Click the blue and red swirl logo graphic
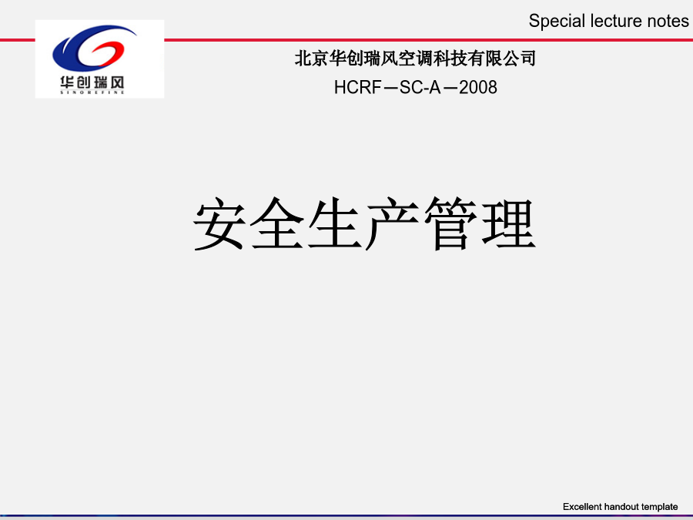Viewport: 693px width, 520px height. pyautogui.click(x=94, y=48)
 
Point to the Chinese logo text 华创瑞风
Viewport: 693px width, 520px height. pyautogui.click(x=92, y=82)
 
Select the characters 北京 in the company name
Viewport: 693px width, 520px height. pyautogui.click(x=311, y=59)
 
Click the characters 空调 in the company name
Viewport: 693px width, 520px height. pyautogui.click(x=415, y=59)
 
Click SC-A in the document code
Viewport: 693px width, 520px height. pyautogui.click(x=420, y=88)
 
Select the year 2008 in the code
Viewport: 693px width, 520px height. pyautogui.click(x=477, y=88)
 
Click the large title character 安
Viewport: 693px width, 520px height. pyautogui.click(x=219, y=223)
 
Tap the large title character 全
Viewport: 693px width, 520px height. pyautogui.click(x=276, y=223)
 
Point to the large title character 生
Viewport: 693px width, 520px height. pyautogui.click(x=335, y=223)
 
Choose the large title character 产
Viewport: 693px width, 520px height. pyautogui.click(x=392, y=223)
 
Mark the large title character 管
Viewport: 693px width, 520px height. pyautogui.click(x=450, y=223)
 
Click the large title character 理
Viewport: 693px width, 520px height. pyautogui.click(x=508, y=223)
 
